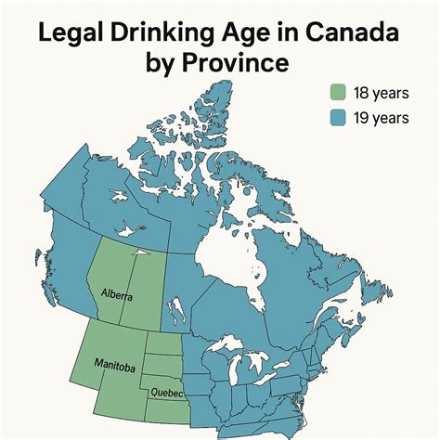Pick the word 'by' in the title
click(x=164, y=65)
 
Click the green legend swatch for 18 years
click(x=339, y=92)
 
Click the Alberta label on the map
click(x=116, y=295)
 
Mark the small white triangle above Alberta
click(x=137, y=251)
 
